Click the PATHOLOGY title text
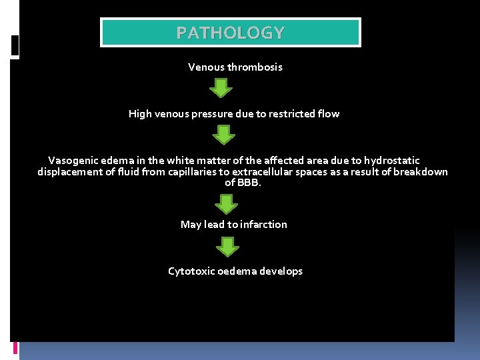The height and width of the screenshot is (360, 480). tap(230, 33)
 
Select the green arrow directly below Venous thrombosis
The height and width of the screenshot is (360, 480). tap(221, 88)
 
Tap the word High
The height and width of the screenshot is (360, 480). tap(140, 114)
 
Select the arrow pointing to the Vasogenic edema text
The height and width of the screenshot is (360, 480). tap(224, 135)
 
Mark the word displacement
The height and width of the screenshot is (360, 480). tap(70, 172)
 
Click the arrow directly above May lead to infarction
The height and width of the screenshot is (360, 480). tap(227, 203)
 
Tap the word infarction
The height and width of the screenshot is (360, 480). tap(263, 225)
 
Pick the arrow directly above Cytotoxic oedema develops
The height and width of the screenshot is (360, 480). tap(228, 247)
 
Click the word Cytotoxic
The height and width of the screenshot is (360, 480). tap(191, 271)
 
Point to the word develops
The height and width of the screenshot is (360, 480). tap(281, 271)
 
